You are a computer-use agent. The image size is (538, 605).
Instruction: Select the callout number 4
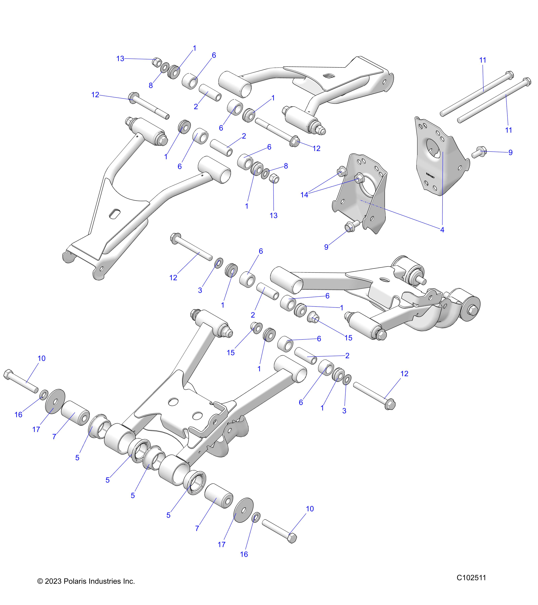click(x=442, y=230)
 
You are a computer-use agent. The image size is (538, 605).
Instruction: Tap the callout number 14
click(x=304, y=195)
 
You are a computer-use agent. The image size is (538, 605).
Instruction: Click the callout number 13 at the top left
click(x=120, y=59)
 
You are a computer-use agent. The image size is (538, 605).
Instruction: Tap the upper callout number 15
click(x=349, y=338)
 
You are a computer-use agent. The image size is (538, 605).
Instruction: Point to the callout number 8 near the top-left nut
click(x=151, y=86)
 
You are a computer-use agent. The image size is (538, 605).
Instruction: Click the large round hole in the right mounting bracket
click(x=433, y=147)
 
